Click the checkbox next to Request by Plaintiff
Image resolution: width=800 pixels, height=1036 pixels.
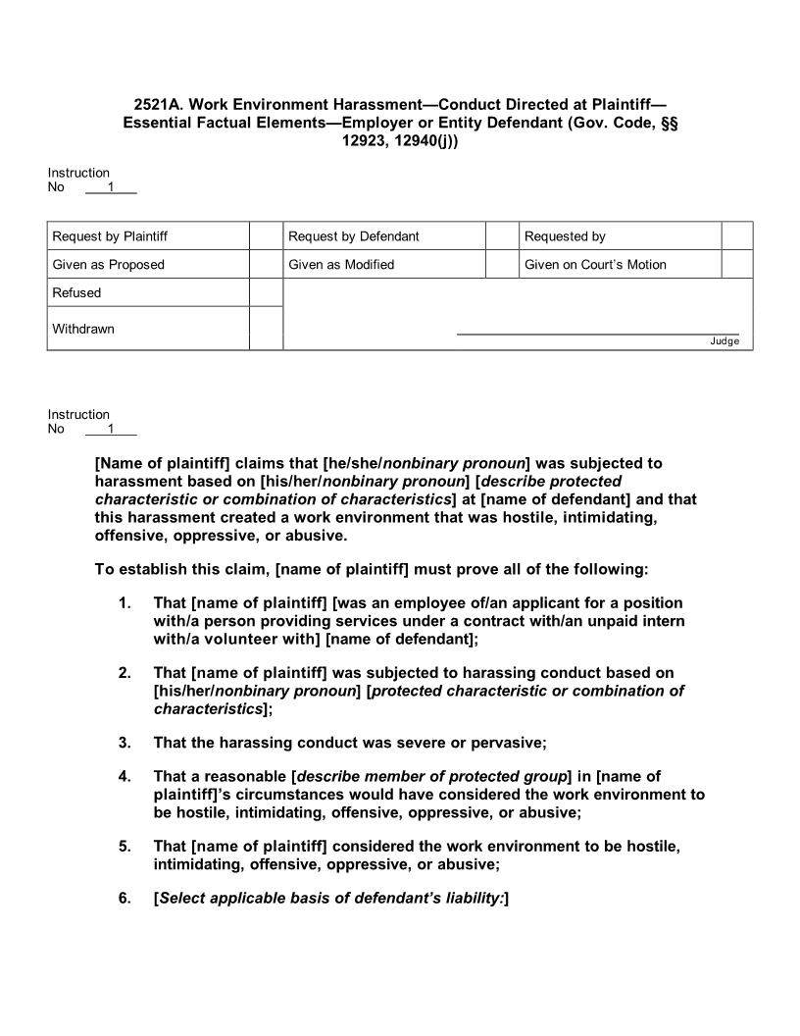pyautogui.click(x=266, y=236)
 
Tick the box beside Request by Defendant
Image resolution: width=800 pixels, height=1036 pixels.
pyautogui.click(x=502, y=236)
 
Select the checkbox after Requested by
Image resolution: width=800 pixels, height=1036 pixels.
pyautogui.click(x=736, y=236)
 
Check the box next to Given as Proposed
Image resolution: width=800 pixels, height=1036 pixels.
pyautogui.click(x=266, y=265)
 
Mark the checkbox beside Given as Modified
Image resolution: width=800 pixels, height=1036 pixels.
pyautogui.click(x=502, y=265)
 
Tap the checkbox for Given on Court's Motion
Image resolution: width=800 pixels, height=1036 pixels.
pyautogui.click(x=736, y=265)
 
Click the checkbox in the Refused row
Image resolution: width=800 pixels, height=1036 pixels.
pyautogui.click(x=266, y=292)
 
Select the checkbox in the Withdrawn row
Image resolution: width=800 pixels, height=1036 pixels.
pyautogui.click(x=266, y=329)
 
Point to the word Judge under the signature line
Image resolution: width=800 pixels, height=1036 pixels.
pyautogui.click(x=725, y=341)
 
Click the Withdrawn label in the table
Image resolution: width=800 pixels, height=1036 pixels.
pyautogui.click(x=83, y=329)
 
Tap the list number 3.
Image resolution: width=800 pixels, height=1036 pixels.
pyautogui.click(x=125, y=743)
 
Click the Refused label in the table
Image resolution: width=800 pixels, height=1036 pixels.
pyautogui.click(x=76, y=292)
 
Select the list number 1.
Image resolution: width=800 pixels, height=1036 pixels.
pyautogui.click(x=125, y=603)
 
